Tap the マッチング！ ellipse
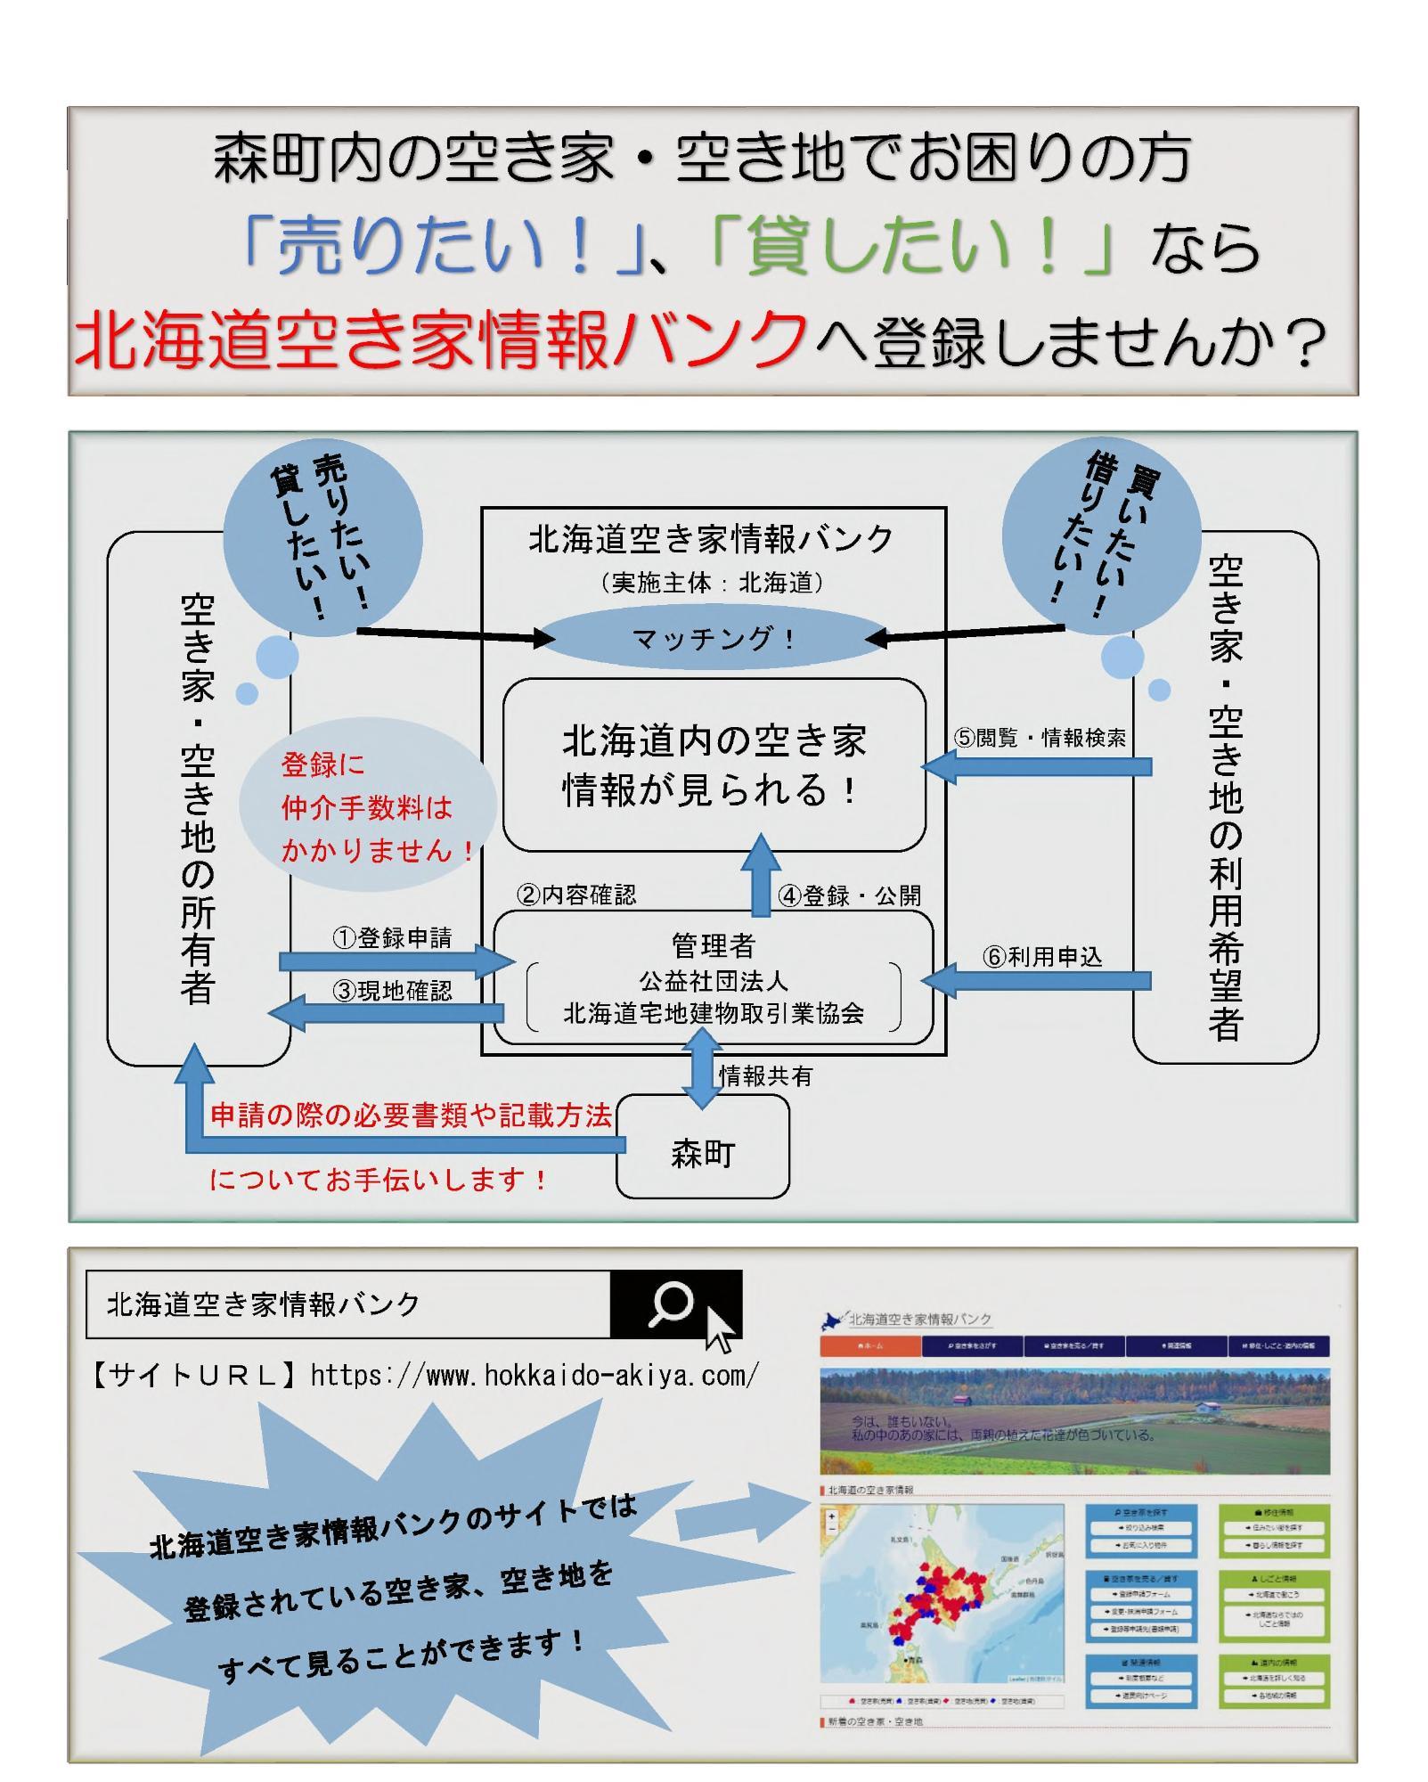click(713, 639)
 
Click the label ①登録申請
click(392, 937)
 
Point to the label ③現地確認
click(392, 991)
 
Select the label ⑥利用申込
click(1042, 957)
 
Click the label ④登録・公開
click(849, 895)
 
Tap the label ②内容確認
click(576, 895)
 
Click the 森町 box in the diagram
click(703, 1155)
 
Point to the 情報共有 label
click(765, 1076)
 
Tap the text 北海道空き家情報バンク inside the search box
click(263, 1304)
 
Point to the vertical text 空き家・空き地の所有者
click(198, 799)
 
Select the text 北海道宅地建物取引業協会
click(714, 1013)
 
